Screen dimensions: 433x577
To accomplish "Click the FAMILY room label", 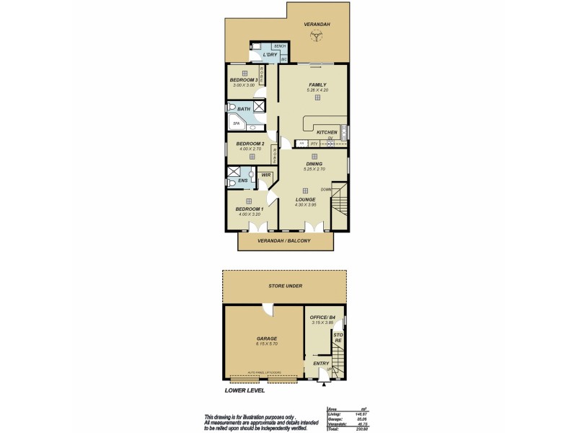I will [317, 84].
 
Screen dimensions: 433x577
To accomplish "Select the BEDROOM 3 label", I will [244, 79].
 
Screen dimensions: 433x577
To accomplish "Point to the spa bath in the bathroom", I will [236, 123].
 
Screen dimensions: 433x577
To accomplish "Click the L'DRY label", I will [270, 55].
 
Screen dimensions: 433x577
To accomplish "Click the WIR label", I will [265, 175].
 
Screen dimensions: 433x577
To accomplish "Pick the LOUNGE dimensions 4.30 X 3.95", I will [306, 205].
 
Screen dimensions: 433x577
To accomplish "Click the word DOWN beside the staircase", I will [325, 190].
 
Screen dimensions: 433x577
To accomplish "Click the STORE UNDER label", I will [284, 287].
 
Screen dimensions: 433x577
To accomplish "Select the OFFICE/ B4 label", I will [321, 317].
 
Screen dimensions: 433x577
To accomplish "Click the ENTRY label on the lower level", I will [321, 364].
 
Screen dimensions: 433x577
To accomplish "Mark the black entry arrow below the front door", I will [320, 383].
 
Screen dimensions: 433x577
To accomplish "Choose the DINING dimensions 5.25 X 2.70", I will [314, 169].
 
